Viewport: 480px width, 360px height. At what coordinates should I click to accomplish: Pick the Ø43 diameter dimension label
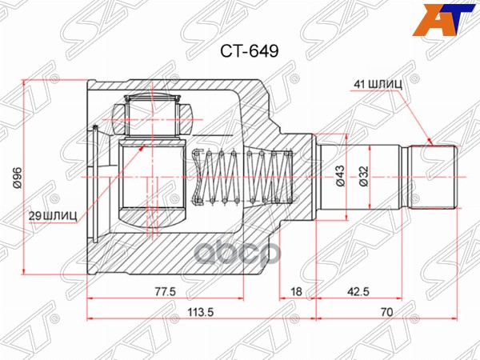click(340, 174)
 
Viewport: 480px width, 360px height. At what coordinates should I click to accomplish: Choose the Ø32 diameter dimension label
click(363, 174)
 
